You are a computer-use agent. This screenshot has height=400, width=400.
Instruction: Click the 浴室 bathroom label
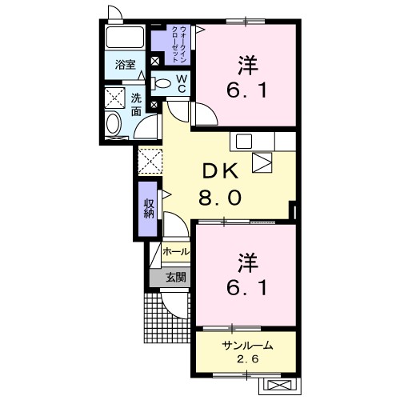pyautogui.click(x=124, y=64)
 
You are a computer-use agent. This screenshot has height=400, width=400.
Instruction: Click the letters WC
pyautogui.click(x=182, y=83)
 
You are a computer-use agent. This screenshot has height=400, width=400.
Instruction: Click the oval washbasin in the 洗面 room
pyautogui.click(x=114, y=124)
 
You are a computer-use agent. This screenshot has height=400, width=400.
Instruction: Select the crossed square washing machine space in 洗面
pyautogui.click(x=113, y=98)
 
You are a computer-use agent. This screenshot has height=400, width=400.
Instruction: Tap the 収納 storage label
pyautogui.click(x=149, y=208)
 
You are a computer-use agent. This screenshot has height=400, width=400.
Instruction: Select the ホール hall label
pyautogui.click(x=176, y=252)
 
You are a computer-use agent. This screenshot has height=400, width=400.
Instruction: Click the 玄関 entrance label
pyautogui.click(x=176, y=278)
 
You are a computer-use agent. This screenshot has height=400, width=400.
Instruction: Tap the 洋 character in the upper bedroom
pyautogui.click(x=246, y=62)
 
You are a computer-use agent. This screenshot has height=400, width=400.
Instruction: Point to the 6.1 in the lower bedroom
pyautogui.click(x=245, y=286)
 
